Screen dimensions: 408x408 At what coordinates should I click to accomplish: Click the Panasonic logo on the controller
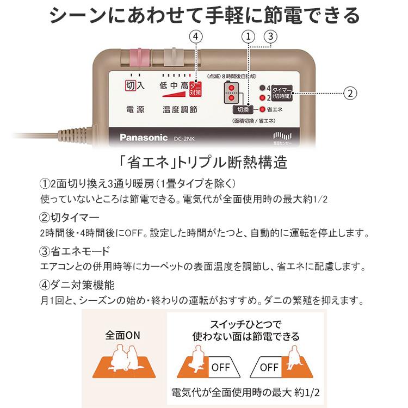pos(144,137)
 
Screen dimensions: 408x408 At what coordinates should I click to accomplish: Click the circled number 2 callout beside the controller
pos(351,93)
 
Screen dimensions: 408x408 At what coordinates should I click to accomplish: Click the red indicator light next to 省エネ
pos(262,108)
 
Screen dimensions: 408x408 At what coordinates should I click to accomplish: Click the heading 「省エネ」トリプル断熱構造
pos(203,163)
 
